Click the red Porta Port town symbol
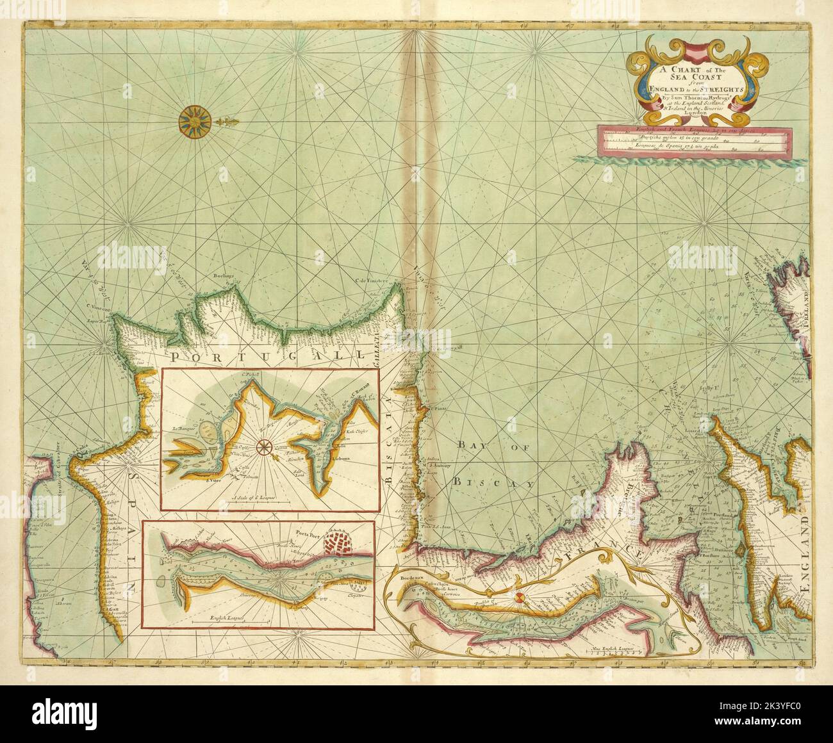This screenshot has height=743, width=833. point(340,544)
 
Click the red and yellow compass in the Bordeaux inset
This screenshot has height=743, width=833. point(520,598)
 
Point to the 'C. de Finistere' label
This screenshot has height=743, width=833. point(372,280)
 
